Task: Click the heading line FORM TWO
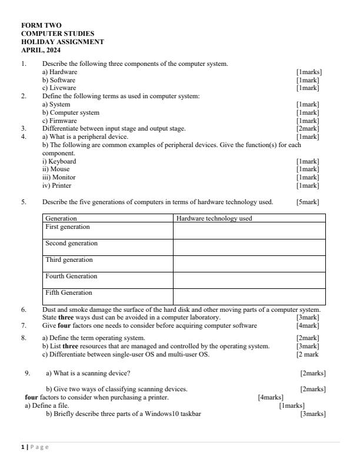pos(41,26)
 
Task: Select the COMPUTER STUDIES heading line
pos(58,34)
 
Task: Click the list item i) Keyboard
pos(59,161)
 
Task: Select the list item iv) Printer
pos(56,185)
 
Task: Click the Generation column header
pos(61,218)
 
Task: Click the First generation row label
pos(68,227)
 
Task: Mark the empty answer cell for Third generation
pos(249,264)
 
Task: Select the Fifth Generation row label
pos(69,293)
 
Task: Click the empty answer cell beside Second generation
pos(249,247)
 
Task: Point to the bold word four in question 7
pos(64,325)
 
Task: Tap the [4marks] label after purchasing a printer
pos(271,397)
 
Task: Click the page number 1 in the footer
pos(23,447)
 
